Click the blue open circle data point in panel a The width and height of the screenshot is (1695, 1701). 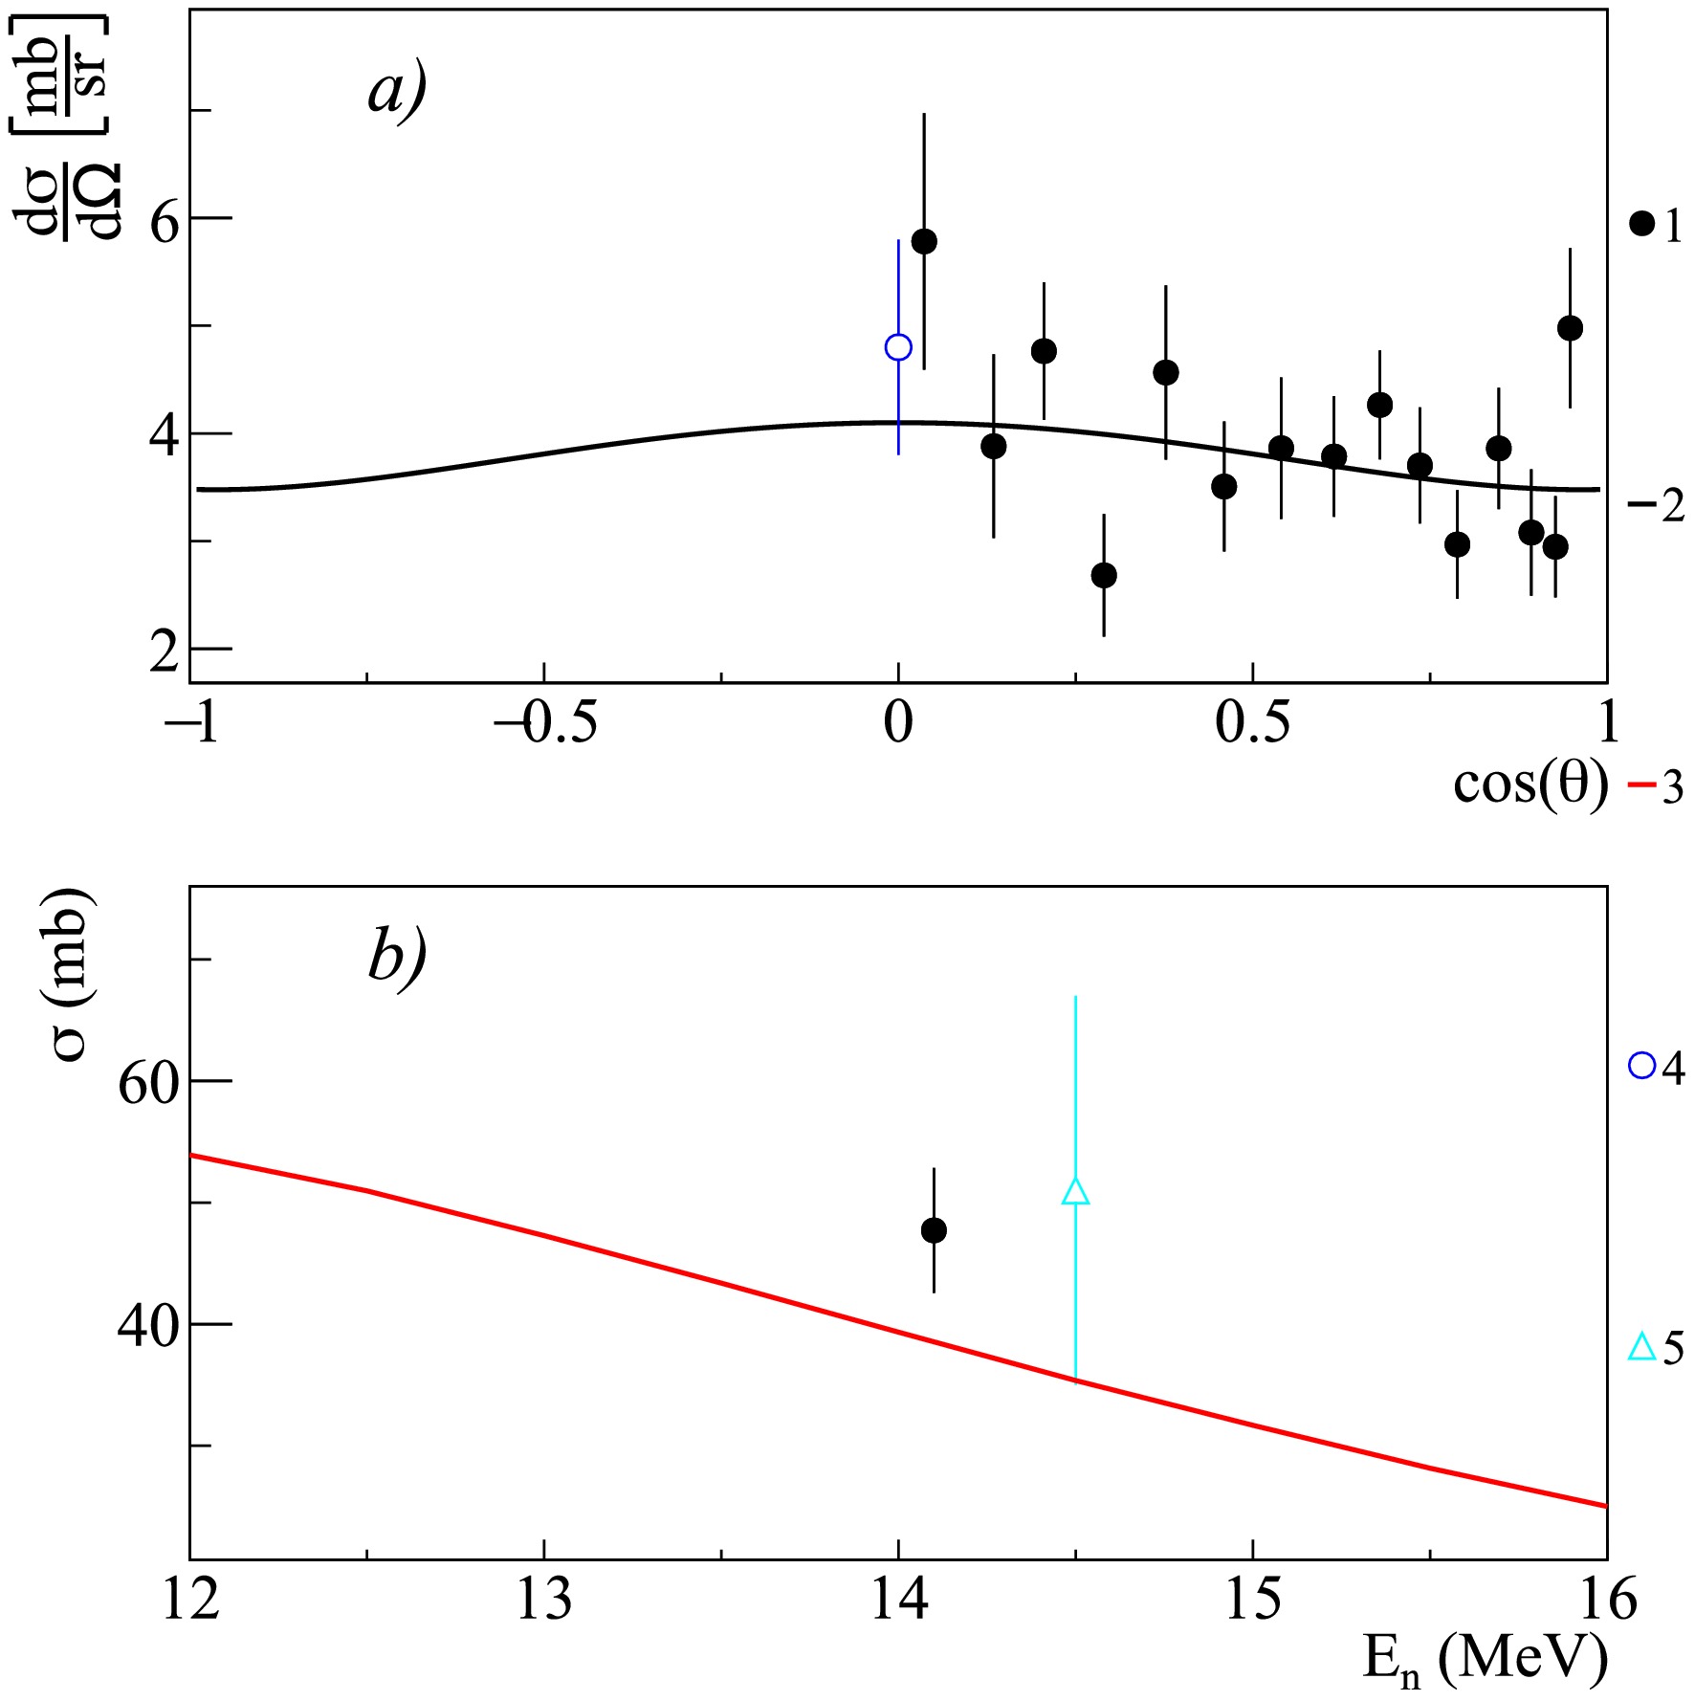pos(898,346)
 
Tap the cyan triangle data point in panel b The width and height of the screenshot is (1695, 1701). pos(1075,1192)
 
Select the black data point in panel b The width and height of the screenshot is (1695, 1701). pos(934,1230)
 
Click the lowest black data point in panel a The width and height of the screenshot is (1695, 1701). pos(1104,575)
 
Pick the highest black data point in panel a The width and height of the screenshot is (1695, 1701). pos(924,241)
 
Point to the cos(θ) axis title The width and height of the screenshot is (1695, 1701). pos(1530,784)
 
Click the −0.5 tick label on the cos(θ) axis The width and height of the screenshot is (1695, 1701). pos(545,723)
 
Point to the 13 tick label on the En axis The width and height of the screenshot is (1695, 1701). pos(544,1600)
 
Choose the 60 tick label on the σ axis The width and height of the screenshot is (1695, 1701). pos(148,1083)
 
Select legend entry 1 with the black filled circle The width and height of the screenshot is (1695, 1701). pos(1656,225)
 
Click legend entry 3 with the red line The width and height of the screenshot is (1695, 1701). pos(1656,786)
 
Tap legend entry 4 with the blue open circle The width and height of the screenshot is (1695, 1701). pos(1656,1067)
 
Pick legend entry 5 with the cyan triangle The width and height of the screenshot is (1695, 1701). pos(1656,1348)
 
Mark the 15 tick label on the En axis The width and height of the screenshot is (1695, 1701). pos(1252,1600)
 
